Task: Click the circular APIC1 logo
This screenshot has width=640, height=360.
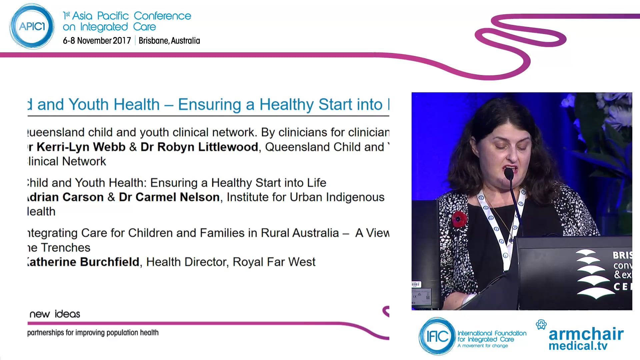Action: pos(32,26)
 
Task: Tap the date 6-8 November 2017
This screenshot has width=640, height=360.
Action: pos(97,41)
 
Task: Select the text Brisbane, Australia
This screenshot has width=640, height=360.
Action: pos(169,41)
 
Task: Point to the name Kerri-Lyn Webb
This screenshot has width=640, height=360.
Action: pos(81,147)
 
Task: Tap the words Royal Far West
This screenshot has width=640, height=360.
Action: pos(274,262)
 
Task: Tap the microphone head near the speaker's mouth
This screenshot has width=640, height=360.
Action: pos(509,174)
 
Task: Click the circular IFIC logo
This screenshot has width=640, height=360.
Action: pos(437,336)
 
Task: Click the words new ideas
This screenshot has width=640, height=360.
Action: pos(55,314)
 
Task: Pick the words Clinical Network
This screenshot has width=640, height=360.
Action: pos(67,162)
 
